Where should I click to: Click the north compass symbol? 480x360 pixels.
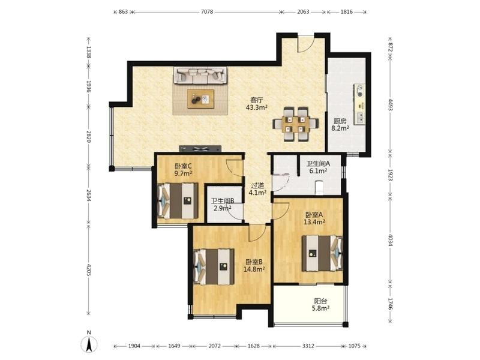[89, 342]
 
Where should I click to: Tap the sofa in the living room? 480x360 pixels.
[200, 76]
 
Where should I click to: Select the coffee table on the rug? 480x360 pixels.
[200, 99]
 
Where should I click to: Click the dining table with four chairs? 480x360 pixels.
[295, 124]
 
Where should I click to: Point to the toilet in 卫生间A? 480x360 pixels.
[319, 187]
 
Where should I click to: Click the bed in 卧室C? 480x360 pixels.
[178, 201]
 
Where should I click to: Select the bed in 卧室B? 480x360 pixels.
[214, 266]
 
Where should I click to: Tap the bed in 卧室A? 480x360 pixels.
[322, 253]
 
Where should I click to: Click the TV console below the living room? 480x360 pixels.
[200, 149]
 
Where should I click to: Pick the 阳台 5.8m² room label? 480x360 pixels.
[320, 305]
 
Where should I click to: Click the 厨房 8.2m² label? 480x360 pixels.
[340, 125]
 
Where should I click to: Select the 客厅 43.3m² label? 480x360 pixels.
[257, 104]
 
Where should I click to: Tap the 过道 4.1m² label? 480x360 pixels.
[257, 189]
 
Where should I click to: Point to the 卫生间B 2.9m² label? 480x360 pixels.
[223, 205]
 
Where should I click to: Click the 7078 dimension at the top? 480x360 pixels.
[207, 12]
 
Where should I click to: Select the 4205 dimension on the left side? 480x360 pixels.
[89, 269]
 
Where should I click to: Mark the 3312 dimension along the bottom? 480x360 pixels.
[308, 346]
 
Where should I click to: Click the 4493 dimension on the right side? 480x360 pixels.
[391, 104]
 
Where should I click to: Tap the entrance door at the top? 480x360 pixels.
[305, 44]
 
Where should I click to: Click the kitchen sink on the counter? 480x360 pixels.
[361, 118]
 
